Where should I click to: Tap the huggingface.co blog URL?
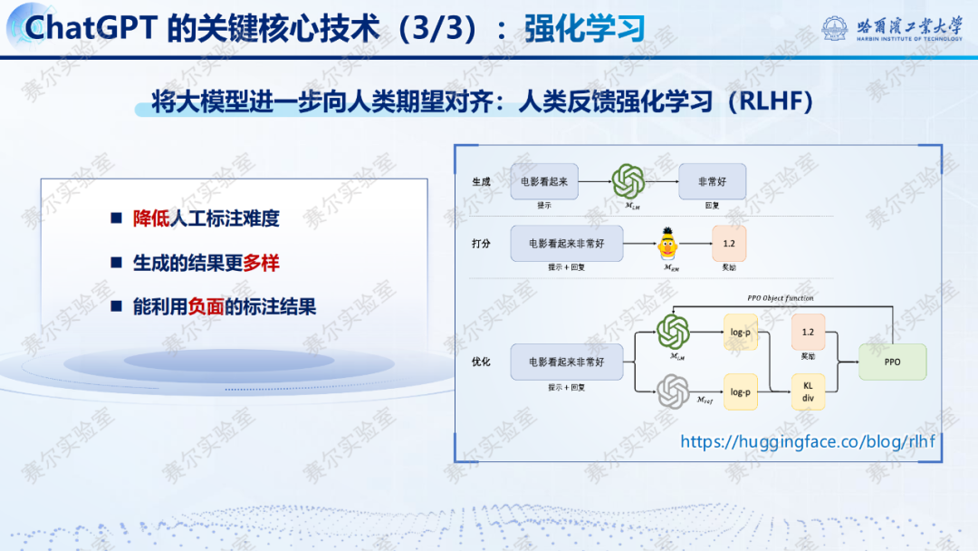pos(808,441)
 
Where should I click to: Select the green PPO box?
pos(892,362)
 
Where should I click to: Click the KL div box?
pos(808,391)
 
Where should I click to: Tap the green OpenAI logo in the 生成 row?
pos(627,181)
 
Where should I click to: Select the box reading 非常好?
pos(712,181)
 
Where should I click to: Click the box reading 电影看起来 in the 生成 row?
pos(544,181)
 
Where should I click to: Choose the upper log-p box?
pos(741,333)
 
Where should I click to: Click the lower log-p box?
pos(741,391)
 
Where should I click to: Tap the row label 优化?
pos(481,362)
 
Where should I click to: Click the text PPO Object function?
pos(780,298)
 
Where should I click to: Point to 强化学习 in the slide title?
pos(584,28)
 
